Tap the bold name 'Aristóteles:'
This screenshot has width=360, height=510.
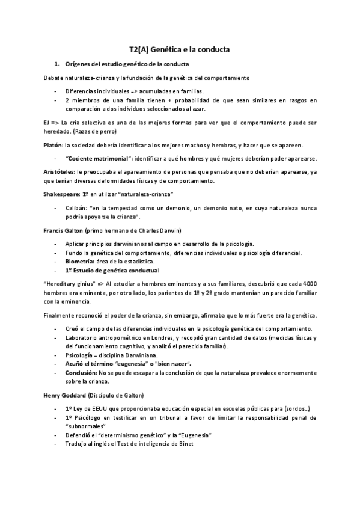pyautogui.click(x=59, y=172)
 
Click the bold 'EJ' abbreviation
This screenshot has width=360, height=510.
pyautogui.click(x=46, y=122)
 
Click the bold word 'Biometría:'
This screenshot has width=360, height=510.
pyautogui.click(x=80, y=262)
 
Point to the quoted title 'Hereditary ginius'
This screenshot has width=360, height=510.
pyautogui.click(x=68, y=284)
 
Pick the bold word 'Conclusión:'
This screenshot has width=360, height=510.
pyautogui.click(x=83, y=373)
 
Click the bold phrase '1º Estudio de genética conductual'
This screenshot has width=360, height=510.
pyautogui.click(x=112, y=271)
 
